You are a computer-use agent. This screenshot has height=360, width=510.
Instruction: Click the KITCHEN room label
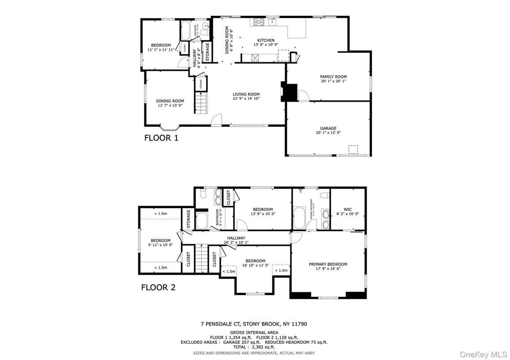pyautogui.click(x=266, y=40)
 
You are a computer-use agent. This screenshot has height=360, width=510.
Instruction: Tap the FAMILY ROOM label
pyautogui.click(x=333, y=77)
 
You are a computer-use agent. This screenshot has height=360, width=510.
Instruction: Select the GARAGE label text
pyautogui.click(x=328, y=128)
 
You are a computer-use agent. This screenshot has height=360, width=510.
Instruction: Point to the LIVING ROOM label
pyautogui.click(x=246, y=94)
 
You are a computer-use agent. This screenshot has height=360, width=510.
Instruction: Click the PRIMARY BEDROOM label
pyautogui.click(x=328, y=264)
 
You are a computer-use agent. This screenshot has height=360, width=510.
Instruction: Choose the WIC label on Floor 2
pyautogui.click(x=347, y=209)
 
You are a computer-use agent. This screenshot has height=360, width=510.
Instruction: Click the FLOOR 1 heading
pyautogui.click(x=161, y=138)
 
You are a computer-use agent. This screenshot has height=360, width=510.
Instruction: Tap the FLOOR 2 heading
pyautogui.click(x=158, y=287)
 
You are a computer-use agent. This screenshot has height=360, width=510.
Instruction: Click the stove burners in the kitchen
pyautogui.click(x=259, y=21)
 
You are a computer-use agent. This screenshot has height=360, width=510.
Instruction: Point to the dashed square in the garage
pyautogui.click(x=354, y=149)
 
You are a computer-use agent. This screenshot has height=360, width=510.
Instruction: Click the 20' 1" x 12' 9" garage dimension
pyautogui.click(x=328, y=133)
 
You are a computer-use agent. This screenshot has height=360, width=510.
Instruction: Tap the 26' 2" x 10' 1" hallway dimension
pyautogui.click(x=236, y=242)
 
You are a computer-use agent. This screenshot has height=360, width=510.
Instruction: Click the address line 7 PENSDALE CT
pyautogui.click(x=253, y=324)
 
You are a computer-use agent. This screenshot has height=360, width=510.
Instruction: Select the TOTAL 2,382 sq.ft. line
pyautogui.click(x=253, y=347)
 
